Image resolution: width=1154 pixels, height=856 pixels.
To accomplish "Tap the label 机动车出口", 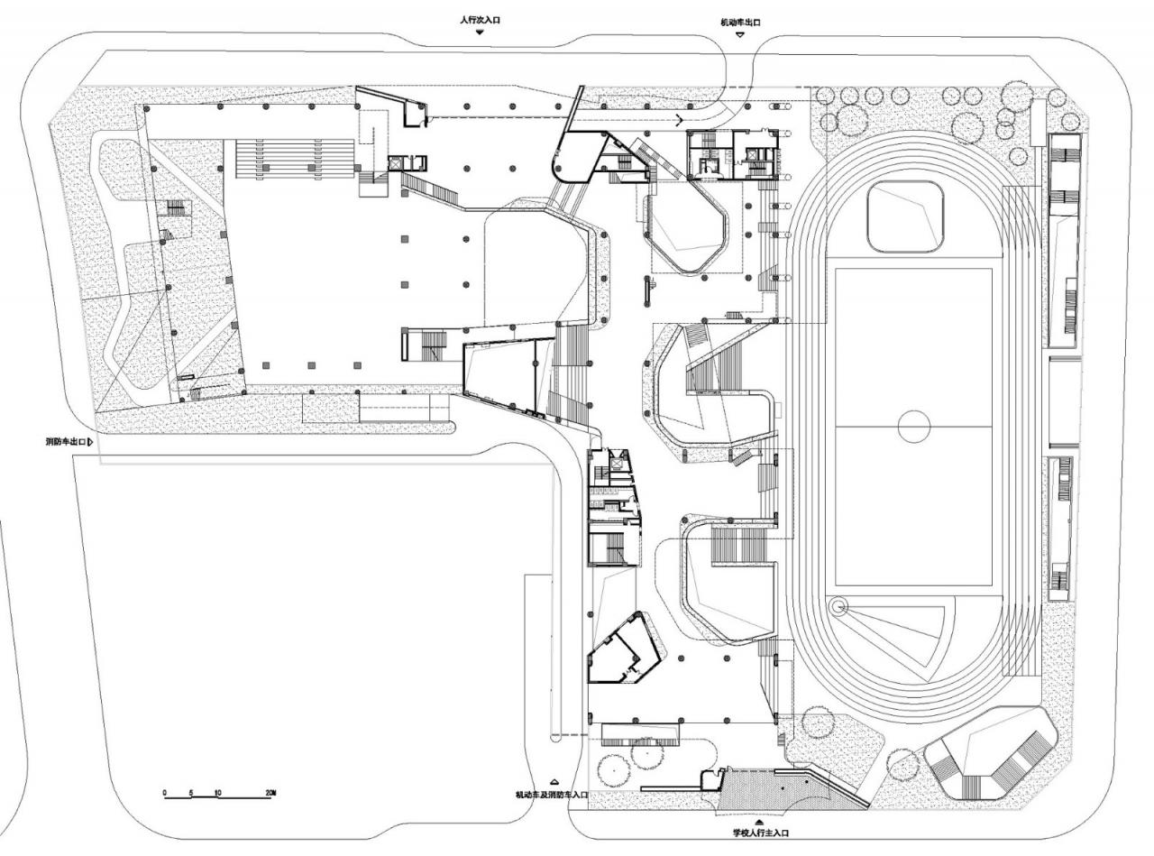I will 739,22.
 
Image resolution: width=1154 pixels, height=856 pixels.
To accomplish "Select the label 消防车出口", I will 65,442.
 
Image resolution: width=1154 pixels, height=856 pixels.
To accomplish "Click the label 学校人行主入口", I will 761,834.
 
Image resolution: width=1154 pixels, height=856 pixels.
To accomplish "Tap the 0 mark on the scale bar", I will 165,792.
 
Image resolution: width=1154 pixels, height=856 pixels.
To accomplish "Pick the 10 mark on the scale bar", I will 217,792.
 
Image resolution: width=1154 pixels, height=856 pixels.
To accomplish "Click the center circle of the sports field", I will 913,425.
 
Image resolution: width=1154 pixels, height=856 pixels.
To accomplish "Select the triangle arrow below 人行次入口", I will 480,32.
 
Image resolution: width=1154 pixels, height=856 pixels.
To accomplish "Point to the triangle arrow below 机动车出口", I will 739,34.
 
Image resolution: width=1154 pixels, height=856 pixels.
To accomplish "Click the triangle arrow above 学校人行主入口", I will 761,823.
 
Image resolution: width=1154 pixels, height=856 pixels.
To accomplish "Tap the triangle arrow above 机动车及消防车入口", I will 554,782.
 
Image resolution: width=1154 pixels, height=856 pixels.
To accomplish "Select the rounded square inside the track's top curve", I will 905,216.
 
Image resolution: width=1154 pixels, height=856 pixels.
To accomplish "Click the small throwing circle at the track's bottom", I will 839,606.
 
